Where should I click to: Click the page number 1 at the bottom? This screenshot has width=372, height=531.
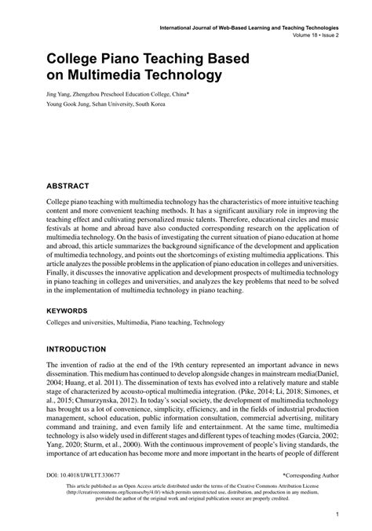click(x=335, y=516)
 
